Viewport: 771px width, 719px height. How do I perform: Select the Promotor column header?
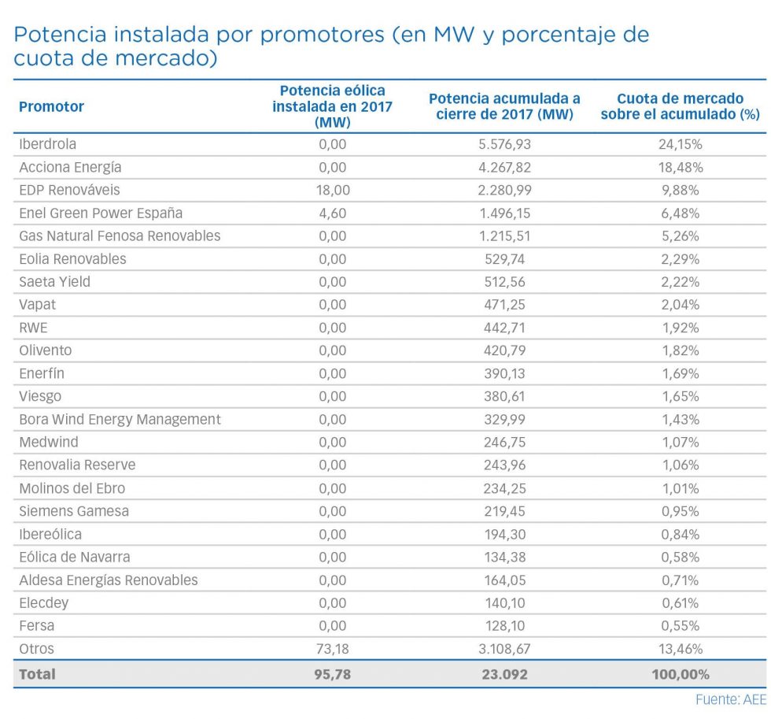(x=51, y=106)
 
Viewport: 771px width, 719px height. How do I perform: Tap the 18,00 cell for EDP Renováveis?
(x=332, y=190)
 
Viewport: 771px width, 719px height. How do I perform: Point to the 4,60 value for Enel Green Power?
(x=332, y=213)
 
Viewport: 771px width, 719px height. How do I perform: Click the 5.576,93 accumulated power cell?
(x=504, y=144)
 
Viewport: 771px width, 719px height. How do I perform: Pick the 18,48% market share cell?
(x=680, y=167)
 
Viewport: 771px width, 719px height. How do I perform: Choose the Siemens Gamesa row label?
(x=74, y=511)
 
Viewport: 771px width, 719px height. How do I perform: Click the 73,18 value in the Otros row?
(x=332, y=649)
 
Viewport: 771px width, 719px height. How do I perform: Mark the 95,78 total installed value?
(x=332, y=674)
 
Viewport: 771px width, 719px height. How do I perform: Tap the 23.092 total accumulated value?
(x=504, y=674)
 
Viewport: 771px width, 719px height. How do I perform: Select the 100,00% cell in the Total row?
(x=680, y=674)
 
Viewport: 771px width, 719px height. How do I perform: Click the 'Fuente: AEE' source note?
(x=730, y=699)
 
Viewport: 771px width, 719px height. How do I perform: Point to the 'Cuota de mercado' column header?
(x=680, y=106)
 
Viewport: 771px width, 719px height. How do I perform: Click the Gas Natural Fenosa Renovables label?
(x=120, y=235)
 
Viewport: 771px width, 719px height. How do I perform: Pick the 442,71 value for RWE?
(x=504, y=328)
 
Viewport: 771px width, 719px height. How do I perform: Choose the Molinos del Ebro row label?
(x=72, y=488)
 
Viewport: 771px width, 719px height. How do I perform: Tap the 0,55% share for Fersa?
(x=680, y=625)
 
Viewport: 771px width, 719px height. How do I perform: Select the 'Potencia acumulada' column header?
(x=504, y=106)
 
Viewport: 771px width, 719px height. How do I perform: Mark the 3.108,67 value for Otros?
(x=504, y=649)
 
